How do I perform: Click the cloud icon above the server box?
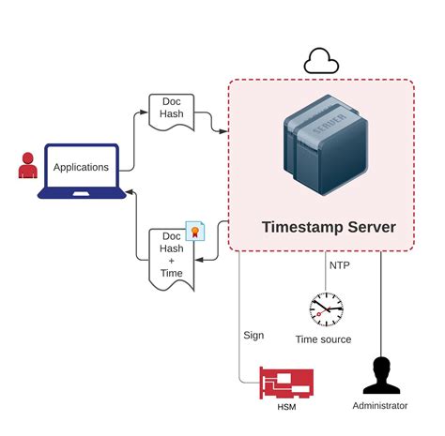320,62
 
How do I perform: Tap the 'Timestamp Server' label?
328,227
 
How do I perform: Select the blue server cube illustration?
321,151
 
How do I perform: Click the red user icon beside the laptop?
26,167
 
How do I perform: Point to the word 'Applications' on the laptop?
81,168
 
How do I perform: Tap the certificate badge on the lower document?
195,231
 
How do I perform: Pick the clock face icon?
326,308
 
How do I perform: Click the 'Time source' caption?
323,339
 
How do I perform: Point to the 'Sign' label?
253,335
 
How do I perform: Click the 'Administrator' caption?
380,406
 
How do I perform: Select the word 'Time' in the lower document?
171,273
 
